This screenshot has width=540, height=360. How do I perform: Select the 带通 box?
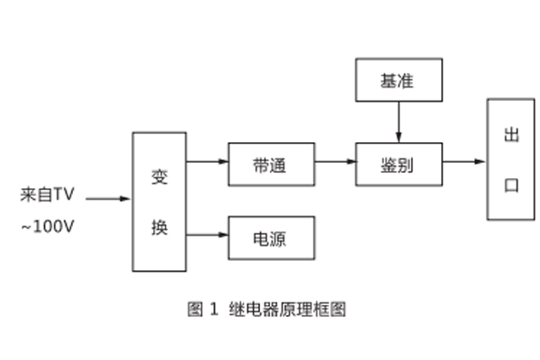click(271, 164)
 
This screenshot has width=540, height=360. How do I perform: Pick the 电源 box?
click(271, 238)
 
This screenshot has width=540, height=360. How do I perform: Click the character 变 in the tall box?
click(160, 175)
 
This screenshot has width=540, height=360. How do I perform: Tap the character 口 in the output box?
click(512, 185)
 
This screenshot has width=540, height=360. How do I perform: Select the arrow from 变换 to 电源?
click(207, 236)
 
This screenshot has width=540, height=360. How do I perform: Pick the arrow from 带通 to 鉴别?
click(335, 164)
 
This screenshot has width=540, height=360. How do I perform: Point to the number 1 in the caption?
click(214, 309)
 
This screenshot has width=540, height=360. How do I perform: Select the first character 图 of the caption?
click(194, 309)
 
